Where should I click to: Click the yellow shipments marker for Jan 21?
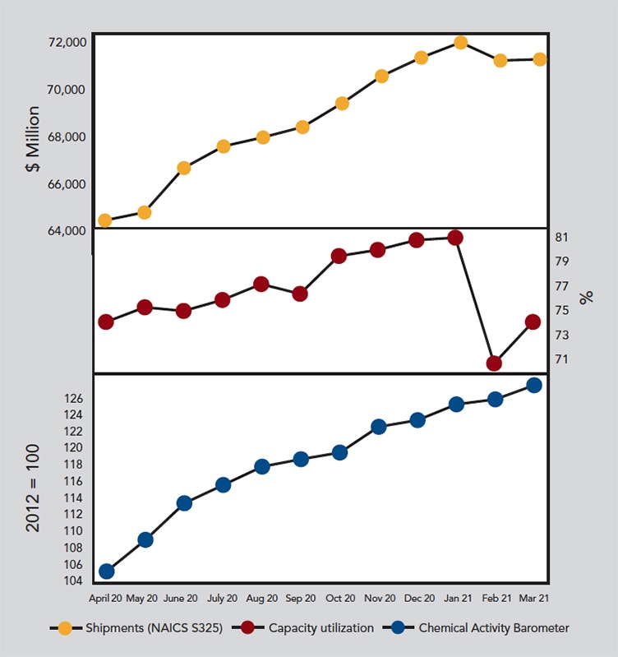click(x=460, y=43)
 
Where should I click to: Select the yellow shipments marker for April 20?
click(x=104, y=220)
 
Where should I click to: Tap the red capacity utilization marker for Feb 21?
click(x=494, y=363)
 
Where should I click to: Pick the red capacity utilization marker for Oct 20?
click(x=339, y=256)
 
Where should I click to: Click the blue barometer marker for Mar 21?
click(x=533, y=385)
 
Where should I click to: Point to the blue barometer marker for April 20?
click(x=107, y=571)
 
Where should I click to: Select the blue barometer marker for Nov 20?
click(x=378, y=427)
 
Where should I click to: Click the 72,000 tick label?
click(x=63, y=42)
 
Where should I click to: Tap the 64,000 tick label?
click(x=63, y=231)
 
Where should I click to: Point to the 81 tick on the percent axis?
click(x=562, y=238)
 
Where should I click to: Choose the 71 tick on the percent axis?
click(x=562, y=359)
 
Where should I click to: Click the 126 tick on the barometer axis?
click(x=73, y=399)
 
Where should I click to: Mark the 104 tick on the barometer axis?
click(x=73, y=581)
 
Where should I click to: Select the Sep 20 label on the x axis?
click(x=301, y=598)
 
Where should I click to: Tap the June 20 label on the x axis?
click(x=181, y=598)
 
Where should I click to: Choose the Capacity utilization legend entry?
click(x=307, y=627)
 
